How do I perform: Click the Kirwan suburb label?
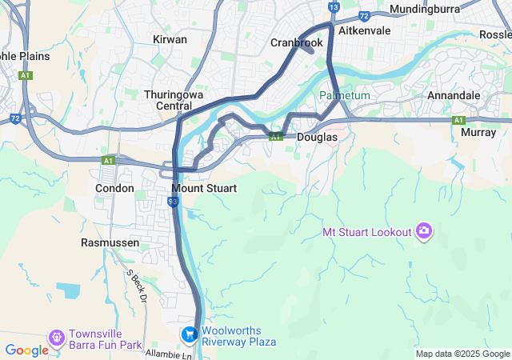pyautogui.click(x=170, y=39)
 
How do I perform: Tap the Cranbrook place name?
pyautogui.click(x=296, y=42)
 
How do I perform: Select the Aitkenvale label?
pyautogui.click(x=364, y=30)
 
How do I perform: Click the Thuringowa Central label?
pyautogui.click(x=168, y=100)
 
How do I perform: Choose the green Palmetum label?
pyautogui.click(x=345, y=95)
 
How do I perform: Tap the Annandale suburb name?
pyautogui.click(x=454, y=95)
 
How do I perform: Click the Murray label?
pyautogui.click(x=479, y=133)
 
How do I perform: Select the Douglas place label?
pyautogui.click(x=317, y=138)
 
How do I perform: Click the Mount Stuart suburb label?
pyautogui.click(x=204, y=188)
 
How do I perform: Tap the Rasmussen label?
pyautogui.click(x=110, y=242)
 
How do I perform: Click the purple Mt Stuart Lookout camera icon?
pyautogui.click(x=423, y=232)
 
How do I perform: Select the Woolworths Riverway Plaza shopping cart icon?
pyautogui.click(x=190, y=334)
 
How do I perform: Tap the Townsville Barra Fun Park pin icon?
pyautogui.click(x=57, y=338)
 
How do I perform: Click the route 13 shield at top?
pyautogui.click(x=334, y=7)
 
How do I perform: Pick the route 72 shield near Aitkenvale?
pyautogui.click(x=364, y=15)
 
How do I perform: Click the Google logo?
pyautogui.click(x=27, y=350)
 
